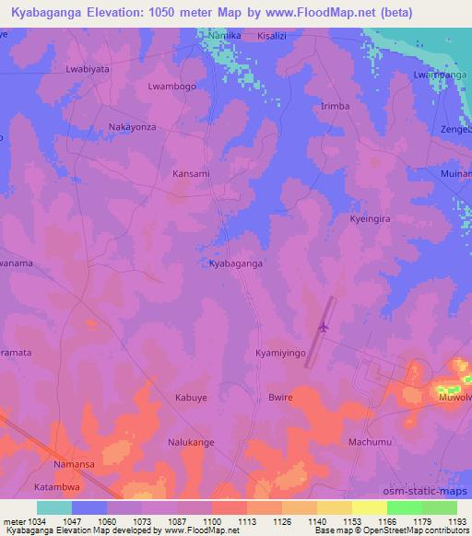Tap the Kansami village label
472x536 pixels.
click(x=192, y=173)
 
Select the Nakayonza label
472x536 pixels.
click(x=132, y=127)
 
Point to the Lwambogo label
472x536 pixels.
click(x=173, y=86)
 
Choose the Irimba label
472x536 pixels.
click(x=334, y=107)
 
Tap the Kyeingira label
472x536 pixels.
click(x=372, y=221)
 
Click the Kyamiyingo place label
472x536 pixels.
click(x=282, y=353)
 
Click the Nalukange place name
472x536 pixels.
click(x=191, y=443)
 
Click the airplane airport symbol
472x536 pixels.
click(x=323, y=327)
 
